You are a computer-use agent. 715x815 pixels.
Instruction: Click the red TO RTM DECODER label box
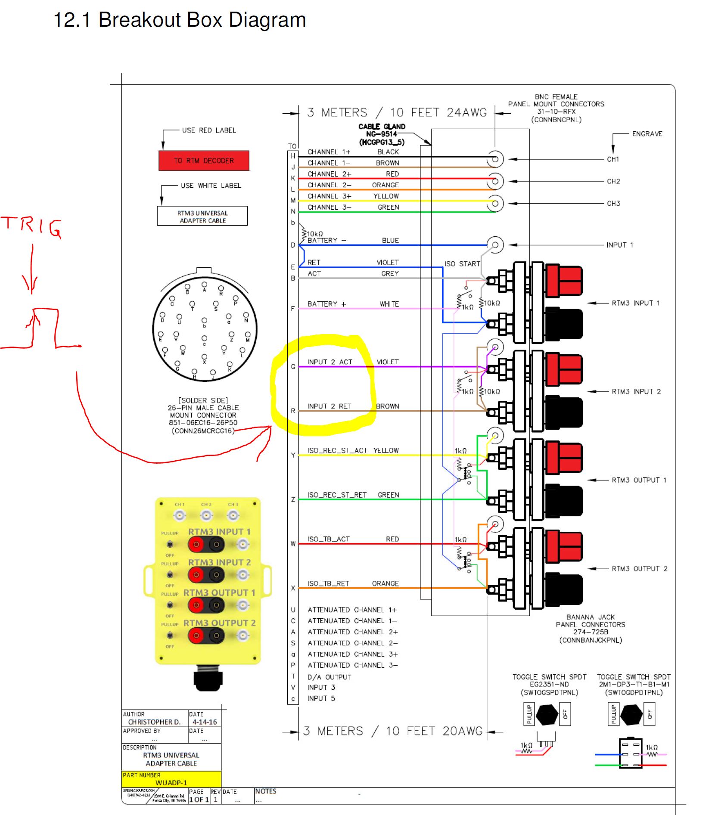click(x=204, y=161)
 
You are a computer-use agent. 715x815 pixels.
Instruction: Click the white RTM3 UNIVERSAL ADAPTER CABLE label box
click(x=202, y=216)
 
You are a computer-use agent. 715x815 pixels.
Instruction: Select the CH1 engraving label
click(x=613, y=159)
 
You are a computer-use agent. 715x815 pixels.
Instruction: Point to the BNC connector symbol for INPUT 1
click(x=495, y=245)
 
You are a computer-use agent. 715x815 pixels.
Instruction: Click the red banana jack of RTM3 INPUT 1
click(x=563, y=281)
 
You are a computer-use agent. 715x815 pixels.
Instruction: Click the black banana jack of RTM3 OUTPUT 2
click(x=563, y=588)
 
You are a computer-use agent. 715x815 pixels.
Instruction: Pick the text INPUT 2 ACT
click(x=330, y=362)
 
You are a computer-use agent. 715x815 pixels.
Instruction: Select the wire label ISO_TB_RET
click(x=328, y=583)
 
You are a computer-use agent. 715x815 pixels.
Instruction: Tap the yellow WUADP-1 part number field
click(x=171, y=783)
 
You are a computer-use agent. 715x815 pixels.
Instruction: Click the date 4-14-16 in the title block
click(x=205, y=722)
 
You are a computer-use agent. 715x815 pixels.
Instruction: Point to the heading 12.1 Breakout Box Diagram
click(x=179, y=20)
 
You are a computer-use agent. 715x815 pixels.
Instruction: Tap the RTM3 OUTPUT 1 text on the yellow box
click(x=219, y=593)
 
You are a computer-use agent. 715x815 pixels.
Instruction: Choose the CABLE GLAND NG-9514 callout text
click(x=382, y=134)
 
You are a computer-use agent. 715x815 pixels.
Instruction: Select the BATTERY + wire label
click(x=326, y=304)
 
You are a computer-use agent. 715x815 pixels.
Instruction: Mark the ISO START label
click(x=462, y=263)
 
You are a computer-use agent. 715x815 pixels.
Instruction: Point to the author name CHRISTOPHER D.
click(x=154, y=722)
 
